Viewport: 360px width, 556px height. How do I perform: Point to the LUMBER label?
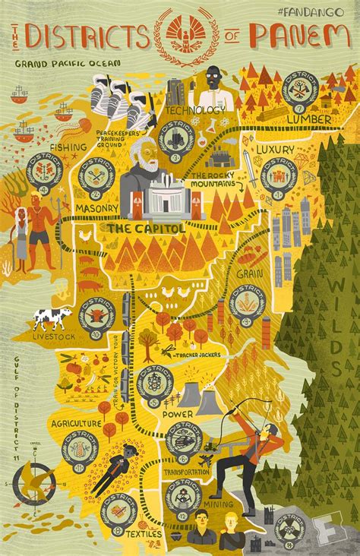pyautogui.click(x=308, y=119)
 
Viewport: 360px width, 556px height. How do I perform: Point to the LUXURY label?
pyautogui.click(x=273, y=150)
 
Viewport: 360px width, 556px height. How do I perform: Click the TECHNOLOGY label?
pyautogui.click(x=194, y=110)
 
